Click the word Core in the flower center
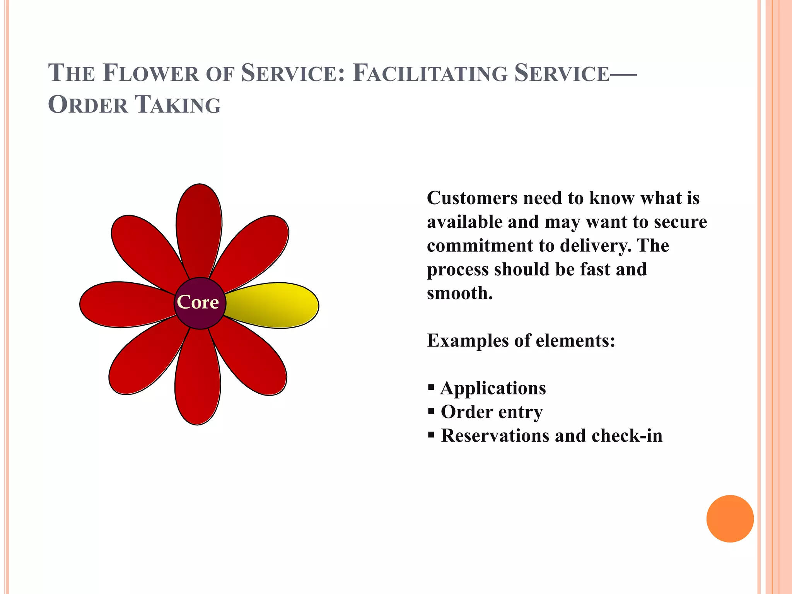[x=198, y=302]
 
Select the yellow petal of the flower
[x=275, y=306]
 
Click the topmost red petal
[x=199, y=228]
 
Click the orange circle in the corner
[x=730, y=519]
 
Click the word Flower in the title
[x=151, y=73]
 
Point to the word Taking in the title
[x=178, y=105]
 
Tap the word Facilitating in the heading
[x=430, y=73]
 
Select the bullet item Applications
[x=493, y=388]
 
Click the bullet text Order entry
[x=492, y=412]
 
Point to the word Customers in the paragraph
[x=472, y=198]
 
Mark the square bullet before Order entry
[x=431, y=411]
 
